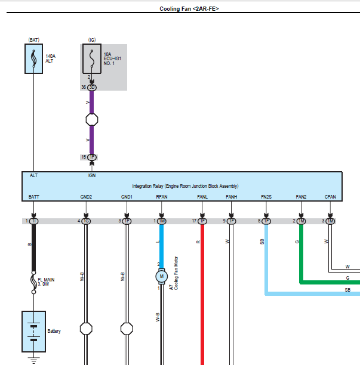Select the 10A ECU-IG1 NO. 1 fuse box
click(91, 59)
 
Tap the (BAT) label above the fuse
click(33, 40)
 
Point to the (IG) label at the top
click(91, 40)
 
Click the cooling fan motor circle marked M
click(161, 276)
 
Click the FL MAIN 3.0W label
click(48, 282)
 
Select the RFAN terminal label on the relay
click(161, 196)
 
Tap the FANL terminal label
click(202, 196)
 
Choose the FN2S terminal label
click(266, 196)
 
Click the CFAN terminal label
click(330, 196)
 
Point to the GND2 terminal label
click(86, 196)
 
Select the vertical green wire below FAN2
click(301, 250)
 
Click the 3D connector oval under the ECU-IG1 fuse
click(91, 87)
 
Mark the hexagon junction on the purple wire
click(91, 119)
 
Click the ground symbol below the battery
click(33, 360)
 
